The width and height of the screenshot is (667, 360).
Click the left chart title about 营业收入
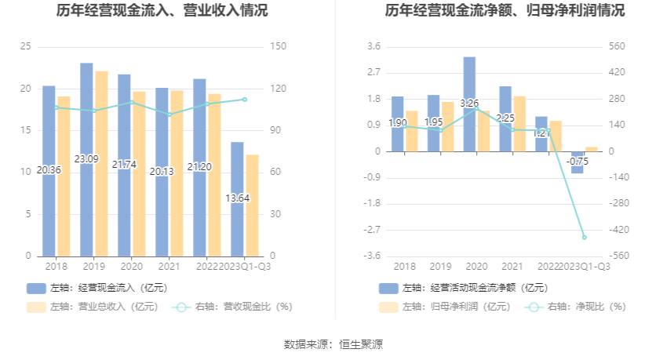162,11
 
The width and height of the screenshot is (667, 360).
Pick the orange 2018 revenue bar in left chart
64,176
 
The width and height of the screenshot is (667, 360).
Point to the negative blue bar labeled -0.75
578,162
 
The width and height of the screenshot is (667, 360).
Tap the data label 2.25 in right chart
505,118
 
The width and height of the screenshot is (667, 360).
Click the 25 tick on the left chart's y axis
26,47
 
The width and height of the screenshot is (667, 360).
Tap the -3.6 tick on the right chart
373,256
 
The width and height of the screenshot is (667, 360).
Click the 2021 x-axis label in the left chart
162,267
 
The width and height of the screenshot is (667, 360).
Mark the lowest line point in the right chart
585,237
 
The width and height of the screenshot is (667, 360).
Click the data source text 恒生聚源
361,344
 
